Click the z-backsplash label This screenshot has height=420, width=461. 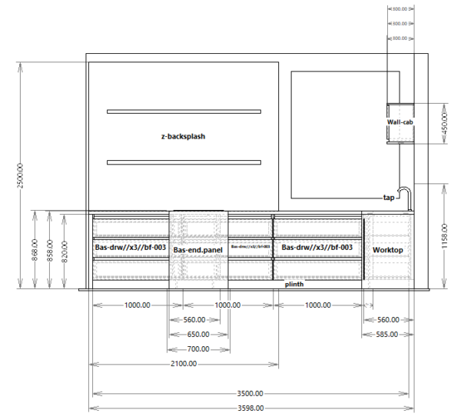(x=183, y=136)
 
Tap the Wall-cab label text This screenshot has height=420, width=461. (x=400, y=122)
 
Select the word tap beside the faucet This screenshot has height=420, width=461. (x=388, y=198)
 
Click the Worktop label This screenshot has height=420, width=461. (x=387, y=250)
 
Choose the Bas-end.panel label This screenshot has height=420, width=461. (x=199, y=250)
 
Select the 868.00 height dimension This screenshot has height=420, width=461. (x=35, y=249)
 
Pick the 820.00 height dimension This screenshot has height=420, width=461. (x=65, y=249)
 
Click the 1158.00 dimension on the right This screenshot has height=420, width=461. (x=444, y=236)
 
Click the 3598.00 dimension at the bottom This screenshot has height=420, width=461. (x=250, y=408)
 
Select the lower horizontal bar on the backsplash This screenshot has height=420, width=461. (x=184, y=162)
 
